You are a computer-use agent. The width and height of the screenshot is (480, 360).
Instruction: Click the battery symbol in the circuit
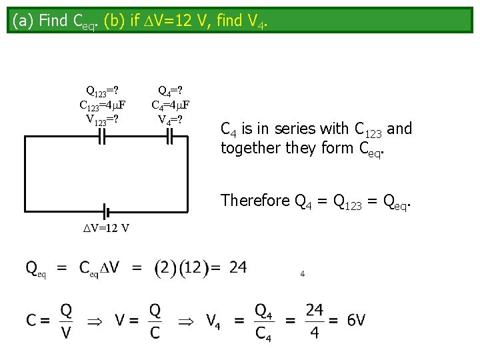click(x=105, y=213)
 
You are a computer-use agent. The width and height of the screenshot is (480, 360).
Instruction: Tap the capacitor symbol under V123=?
click(x=103, y=137)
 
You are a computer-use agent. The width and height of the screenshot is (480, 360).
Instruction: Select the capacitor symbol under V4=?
click(x=169, y=137)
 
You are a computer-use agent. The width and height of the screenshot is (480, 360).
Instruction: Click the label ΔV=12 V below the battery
click(x=106, y=228)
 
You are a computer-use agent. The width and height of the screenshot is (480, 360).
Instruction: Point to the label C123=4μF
click(x=103, y=105)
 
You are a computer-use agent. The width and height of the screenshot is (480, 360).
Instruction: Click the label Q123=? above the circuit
click(x=103, y=91)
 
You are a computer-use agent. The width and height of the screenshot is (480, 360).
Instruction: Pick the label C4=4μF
click(x=171, y=105)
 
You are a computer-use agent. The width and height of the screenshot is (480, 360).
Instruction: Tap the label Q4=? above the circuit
click(x=170, y=91)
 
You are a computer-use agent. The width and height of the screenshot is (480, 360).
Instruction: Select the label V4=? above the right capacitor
click(x=170, y=119)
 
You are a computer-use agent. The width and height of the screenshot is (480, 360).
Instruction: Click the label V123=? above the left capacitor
click(x=103, y=119)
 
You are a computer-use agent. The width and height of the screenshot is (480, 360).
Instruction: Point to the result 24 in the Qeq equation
click(x=238, y=267)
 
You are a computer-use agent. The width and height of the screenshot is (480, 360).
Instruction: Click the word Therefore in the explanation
click(x=254, y=200)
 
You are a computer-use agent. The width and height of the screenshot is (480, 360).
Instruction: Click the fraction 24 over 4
click(x=315, y=321)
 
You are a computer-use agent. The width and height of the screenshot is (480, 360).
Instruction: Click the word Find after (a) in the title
click(x=53, y=21)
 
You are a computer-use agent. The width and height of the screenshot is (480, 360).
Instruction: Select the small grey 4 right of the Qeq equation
click(x=303, y=273)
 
